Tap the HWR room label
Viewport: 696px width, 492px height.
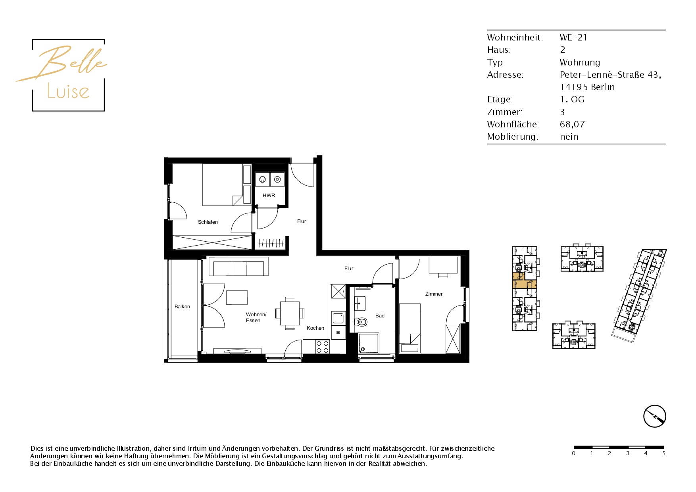(x=269, y=195)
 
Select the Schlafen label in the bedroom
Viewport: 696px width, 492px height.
(x=208, y=222)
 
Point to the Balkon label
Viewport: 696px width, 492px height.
(x=182, y=307)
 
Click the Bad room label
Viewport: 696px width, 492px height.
(x=380, y=316)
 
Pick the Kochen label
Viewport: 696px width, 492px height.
(x=315, y=328)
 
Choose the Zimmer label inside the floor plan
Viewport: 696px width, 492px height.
(x=434, y=294)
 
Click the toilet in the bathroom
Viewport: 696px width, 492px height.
(x=361, y=322)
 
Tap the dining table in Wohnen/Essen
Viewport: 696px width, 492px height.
(x=290, y=313)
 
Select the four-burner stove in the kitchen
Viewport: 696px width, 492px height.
(x=322, y=347)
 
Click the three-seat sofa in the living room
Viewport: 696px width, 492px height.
(x=238, y=267)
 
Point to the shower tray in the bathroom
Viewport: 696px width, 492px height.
(x=369, y=343)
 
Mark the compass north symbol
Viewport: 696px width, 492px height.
(x=654, y=416)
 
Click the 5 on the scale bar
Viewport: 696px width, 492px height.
(x=663, y=453)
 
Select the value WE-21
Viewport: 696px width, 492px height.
(x=573, y=38)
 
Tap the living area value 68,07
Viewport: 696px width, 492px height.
(x=572, y=125)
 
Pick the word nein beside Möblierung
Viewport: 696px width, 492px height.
(x=569, y=137)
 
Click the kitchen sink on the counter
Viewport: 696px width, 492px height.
(x=338, y=318)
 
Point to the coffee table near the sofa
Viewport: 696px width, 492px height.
(x=237, y=298)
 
